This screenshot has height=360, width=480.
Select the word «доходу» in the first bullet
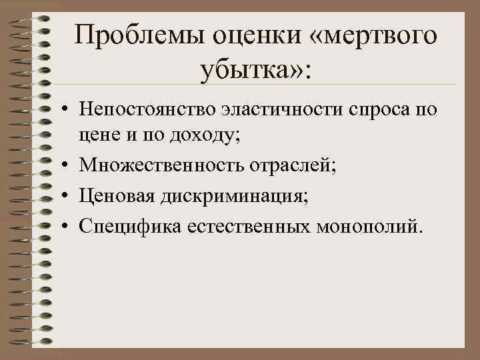tap(209, 135)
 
